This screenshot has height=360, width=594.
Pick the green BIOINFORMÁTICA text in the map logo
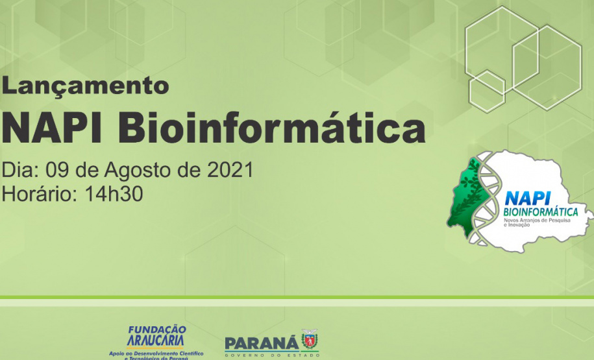pos(541,211)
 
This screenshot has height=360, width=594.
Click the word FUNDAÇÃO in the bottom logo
pos(156,330)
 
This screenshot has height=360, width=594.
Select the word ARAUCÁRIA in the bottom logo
pos(156,341)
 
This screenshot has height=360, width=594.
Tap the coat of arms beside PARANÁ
pos(310,340)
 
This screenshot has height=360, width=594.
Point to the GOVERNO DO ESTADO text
pos(271,354)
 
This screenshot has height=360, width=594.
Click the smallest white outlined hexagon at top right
pos(487,91)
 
